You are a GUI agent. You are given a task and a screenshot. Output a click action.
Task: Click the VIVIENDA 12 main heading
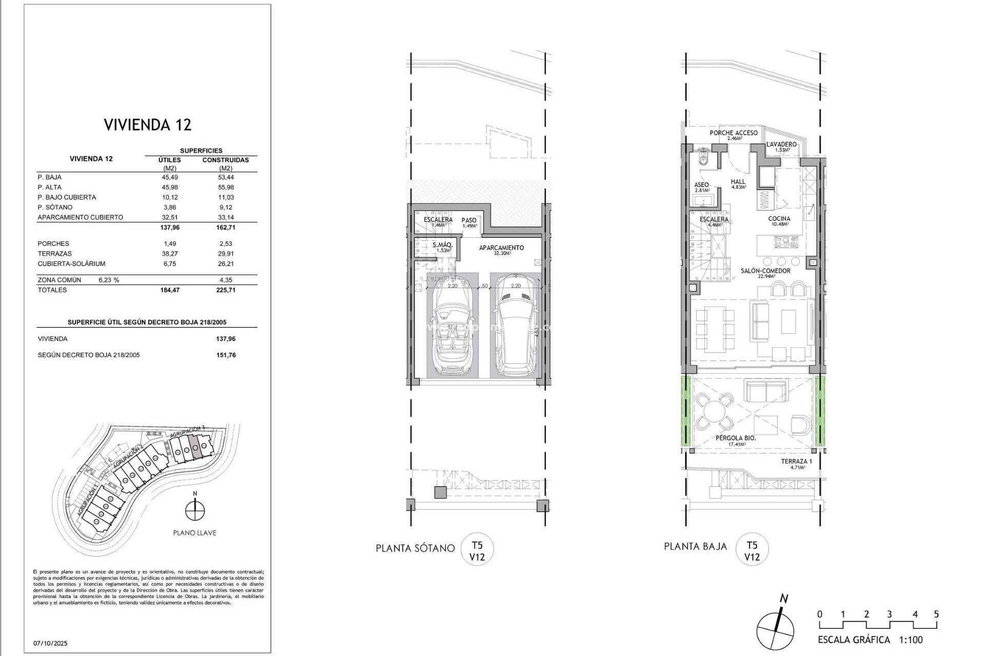click(x=147, y=125)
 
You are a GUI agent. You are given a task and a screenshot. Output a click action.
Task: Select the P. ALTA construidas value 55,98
click(x=225, y=187)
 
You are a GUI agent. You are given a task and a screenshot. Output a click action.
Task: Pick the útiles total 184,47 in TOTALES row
click(x=169, y=290)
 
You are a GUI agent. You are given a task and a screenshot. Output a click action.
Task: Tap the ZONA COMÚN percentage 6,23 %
click(x=109, y=280)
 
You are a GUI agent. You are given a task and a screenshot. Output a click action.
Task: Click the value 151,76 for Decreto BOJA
click(x=226, y=355)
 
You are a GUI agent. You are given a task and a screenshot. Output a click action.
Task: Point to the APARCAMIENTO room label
click(x=501, y=248)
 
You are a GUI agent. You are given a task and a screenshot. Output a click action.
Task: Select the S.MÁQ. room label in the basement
click(x=442, y=245)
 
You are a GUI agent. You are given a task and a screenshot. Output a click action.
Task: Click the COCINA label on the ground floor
click(x=779, y=219)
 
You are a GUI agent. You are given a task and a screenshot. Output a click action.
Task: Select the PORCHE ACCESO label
click(x=733, y=133)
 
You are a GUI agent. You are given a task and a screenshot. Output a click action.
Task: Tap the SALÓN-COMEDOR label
click(x=765, y=271)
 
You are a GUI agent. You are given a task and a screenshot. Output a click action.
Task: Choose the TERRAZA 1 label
click(x=796, y=462)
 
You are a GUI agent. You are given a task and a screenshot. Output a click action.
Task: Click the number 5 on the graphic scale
click(x=936, y=614)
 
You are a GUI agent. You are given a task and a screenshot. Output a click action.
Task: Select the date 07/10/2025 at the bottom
click(x=50, y=643)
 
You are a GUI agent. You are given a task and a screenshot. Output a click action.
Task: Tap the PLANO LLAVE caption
click(x=194, y=533)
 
